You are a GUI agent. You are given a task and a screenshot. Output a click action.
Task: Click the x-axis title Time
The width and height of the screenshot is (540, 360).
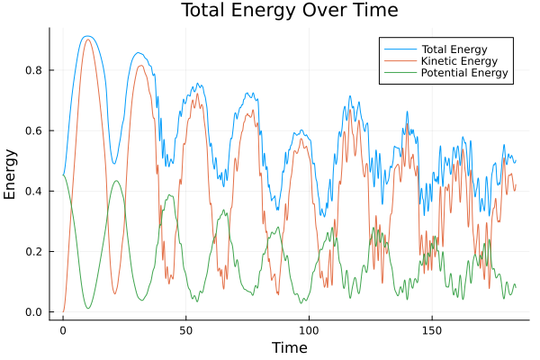[289, 347]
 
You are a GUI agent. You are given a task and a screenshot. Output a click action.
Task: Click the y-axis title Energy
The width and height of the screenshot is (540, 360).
[11, 173]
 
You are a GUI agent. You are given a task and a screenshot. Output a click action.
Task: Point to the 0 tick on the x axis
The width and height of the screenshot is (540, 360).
[63, 328]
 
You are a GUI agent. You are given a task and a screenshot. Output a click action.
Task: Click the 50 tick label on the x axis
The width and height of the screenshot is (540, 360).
[186, 328]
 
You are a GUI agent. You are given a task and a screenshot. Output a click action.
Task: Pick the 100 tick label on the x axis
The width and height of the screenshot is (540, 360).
[309, 328]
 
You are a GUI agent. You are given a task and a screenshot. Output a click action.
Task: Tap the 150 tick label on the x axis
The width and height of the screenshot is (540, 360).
[432, 328]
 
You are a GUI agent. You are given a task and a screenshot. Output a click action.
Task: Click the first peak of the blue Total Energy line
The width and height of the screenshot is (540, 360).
[86, 36]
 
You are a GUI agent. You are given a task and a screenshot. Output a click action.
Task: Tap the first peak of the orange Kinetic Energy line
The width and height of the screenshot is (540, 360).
[87, 40]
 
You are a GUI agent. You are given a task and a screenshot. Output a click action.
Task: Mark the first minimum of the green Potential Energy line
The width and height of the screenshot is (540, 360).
[88, 308]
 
